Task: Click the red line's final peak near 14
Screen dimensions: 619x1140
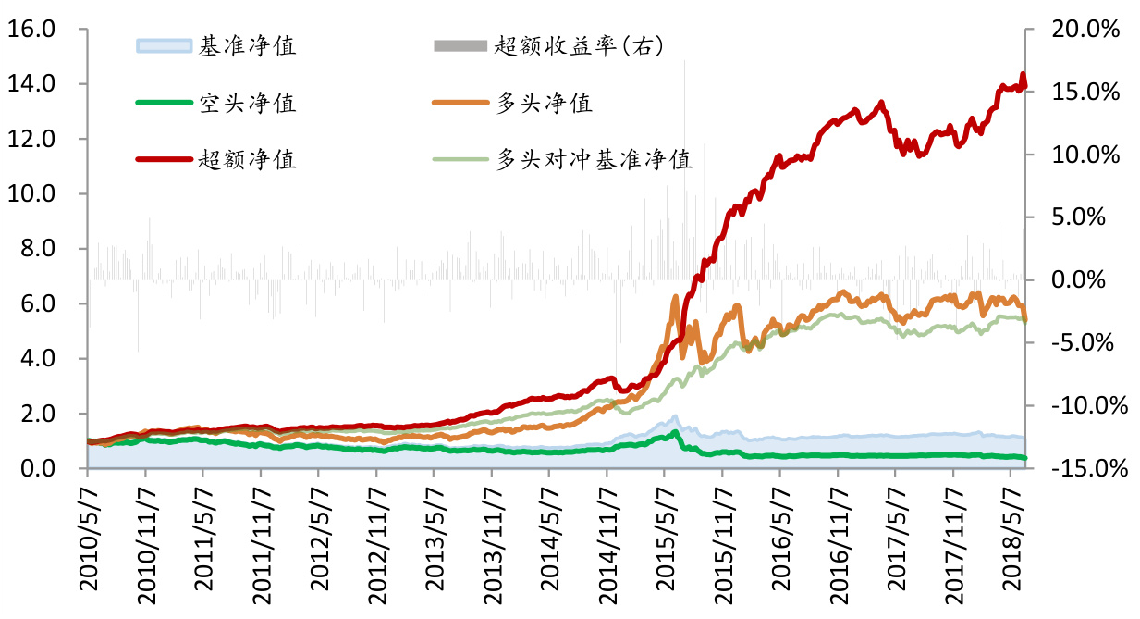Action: [x=1023, y=74]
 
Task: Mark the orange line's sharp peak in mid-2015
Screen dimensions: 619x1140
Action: [x=676, y=297]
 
